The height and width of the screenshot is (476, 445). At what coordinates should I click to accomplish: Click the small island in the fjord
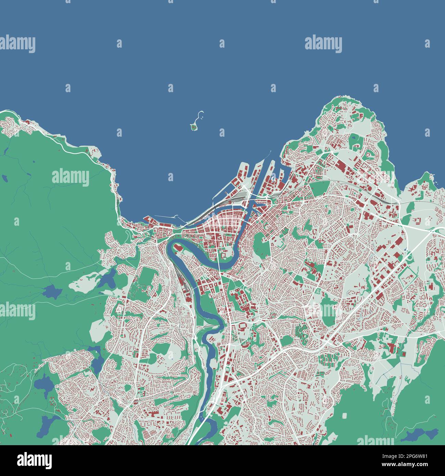[x=194, y=128]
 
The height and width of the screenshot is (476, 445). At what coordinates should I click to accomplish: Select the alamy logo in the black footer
[x=35, y=460]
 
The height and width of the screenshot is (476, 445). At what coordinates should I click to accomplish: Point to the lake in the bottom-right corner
[x=419, y=435]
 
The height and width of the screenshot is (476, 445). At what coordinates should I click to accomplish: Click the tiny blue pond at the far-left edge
[x=5, y=178]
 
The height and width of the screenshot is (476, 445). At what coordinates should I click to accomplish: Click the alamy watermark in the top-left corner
[x=17, y=45]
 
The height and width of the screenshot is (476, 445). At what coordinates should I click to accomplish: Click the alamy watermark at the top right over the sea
[x=323, y=45]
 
